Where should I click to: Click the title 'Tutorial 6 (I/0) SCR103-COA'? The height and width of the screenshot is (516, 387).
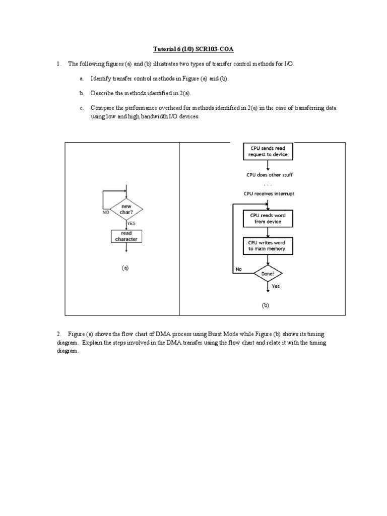(x=193, y=49)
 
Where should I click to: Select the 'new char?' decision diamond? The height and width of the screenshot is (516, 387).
(x=126, y=209)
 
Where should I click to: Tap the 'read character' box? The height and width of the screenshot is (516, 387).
(x=126, y=236)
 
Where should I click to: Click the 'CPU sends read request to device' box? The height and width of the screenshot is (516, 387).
(x=268, y=152)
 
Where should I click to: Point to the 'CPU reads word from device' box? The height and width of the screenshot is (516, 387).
(x=268, y=218)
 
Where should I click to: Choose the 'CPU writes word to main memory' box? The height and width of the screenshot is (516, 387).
(x=268, y=245)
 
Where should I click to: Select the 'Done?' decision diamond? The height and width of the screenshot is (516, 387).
(x=268, y=274)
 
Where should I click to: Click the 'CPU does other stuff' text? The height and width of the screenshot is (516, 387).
(x=270, y=175)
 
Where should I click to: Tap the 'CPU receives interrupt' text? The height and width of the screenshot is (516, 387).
(x=270, y=193)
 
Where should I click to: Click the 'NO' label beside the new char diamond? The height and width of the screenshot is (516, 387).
(x=106, y=213)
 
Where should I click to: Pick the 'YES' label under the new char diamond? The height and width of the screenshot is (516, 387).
(x=131, y=223)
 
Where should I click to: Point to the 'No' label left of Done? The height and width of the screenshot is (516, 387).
(x=238, y=269)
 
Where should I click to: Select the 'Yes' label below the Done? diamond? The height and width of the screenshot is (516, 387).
(x=276, y=286)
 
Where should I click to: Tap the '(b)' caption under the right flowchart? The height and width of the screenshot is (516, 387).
(x=266, y=305)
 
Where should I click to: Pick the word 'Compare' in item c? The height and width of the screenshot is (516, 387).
(x=102, y=108)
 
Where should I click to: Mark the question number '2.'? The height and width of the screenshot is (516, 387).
(x=59, y=334)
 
